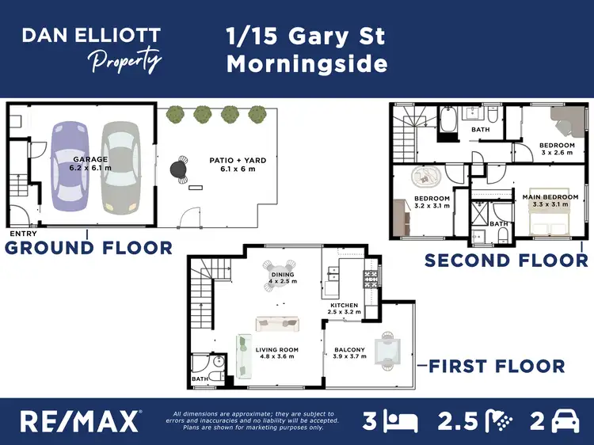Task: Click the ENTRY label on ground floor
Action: pos(22,234)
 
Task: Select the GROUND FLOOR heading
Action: pos(89,248)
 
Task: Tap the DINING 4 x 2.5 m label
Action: pos(282,278)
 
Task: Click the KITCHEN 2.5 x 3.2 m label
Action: pos(345,309)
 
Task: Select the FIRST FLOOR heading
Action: pos(497,366)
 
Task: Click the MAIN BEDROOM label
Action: pos(544,200)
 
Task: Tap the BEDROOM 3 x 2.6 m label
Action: pos(557,150)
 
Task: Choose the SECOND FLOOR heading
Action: pos(506,260)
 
